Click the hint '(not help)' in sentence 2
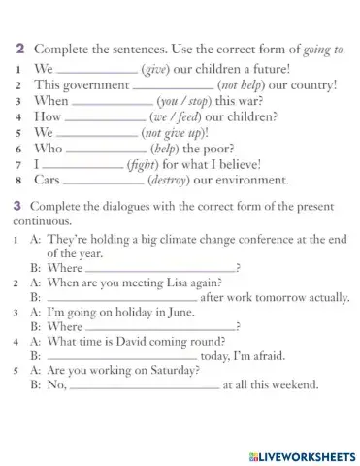pyautogui.click(x=225, y=84)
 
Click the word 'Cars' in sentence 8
pyautogui.click(x=48, y=180)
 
